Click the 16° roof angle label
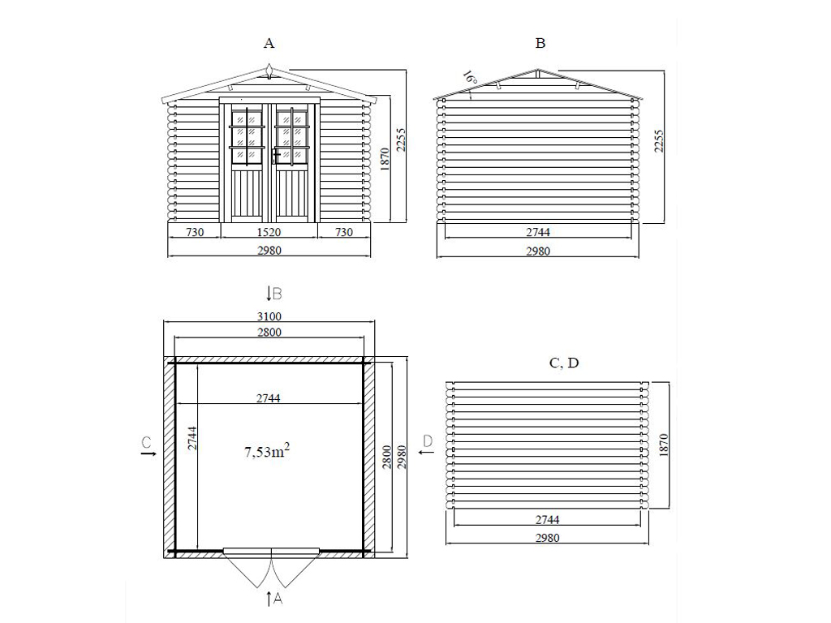(x=470, y=78)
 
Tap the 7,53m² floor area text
(x=266, y=451)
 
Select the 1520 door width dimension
(x=269, y=232)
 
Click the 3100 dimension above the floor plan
(x=269, y=316)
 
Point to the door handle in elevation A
(x=275, y=155)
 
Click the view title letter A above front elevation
(x=269, y=43)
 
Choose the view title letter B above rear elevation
(x=540, y=43)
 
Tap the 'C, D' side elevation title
(x=564, y=363)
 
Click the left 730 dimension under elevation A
(x=195, y=232)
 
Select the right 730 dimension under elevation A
(x=344, y=232)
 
